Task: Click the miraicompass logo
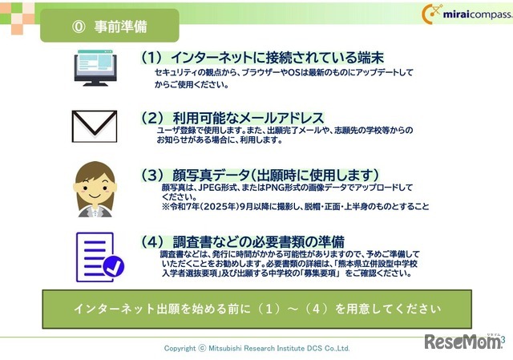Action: click(x=460, y=14)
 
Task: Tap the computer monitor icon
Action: click(x=95, y=68)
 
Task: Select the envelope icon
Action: click(x=95, y=125)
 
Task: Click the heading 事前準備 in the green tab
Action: click(x=121, y=26)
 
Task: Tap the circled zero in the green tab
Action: click(x=79, y=26)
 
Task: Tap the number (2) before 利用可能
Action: click(x=152, y=117)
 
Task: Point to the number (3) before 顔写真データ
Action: click(x=152, y=175)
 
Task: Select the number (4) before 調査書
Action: click(x=152, y=241)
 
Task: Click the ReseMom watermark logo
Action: click(x=463, y=342)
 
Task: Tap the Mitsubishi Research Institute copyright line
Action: click(x=256, y=348)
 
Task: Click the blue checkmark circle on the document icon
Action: click(x=114, y=265)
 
